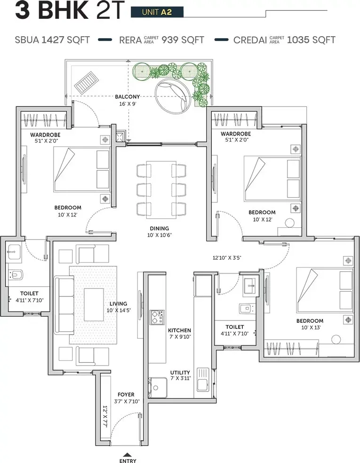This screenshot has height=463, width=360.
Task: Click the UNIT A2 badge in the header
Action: pyautogui.click(x=157, y=12)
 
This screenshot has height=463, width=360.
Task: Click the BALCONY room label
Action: pyautogui.click(x=127, y=97)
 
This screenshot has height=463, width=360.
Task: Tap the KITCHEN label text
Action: pyautogui.click(x=180, y=330)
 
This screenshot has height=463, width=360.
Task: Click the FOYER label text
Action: pyautogui.click(x=126, y=394)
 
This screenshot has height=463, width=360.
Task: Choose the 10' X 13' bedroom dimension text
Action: pyautogui.click(x=309, y=327)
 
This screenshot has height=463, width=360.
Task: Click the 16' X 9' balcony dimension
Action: pyautogui.click(x=127, y=104)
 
